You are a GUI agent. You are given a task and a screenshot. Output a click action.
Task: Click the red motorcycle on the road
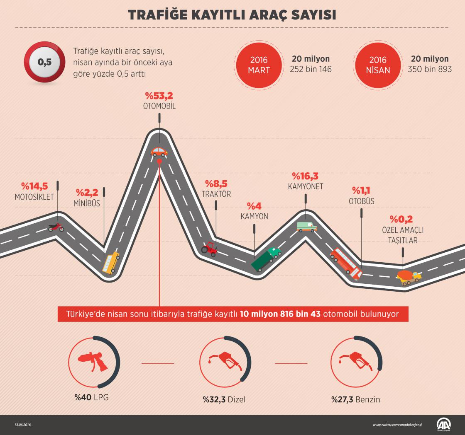(x=56, y=227)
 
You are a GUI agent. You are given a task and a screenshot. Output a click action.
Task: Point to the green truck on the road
(x=266, y=259)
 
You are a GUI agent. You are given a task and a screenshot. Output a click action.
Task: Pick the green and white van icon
(x=307, y=226)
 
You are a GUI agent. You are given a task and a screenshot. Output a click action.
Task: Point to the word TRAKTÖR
(x=216, y=194)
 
